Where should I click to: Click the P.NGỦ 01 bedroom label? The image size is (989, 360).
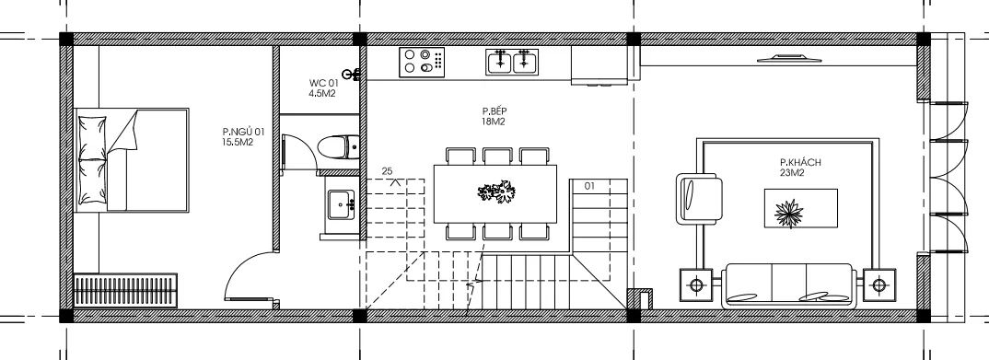[243, 132]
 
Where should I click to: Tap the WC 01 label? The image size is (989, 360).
[323, 83]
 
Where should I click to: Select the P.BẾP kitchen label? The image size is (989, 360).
[494, 111]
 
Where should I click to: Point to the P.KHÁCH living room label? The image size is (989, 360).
[800, 162]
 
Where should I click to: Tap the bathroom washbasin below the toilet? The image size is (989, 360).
[341, 204]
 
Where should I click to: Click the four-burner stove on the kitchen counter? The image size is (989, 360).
[421, 63]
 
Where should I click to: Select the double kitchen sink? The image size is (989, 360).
[511, 62]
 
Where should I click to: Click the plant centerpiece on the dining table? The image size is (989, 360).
[496, 192]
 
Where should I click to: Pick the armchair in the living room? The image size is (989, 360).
[699, 199]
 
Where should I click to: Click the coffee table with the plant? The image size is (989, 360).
[801, 209]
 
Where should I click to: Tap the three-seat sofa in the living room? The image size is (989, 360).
[789, 285]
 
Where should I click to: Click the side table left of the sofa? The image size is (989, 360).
[696, 285]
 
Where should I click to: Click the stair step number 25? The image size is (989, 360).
[387, 171]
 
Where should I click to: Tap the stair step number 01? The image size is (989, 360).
[589, 186]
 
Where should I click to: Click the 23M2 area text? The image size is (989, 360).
[792, 172]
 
